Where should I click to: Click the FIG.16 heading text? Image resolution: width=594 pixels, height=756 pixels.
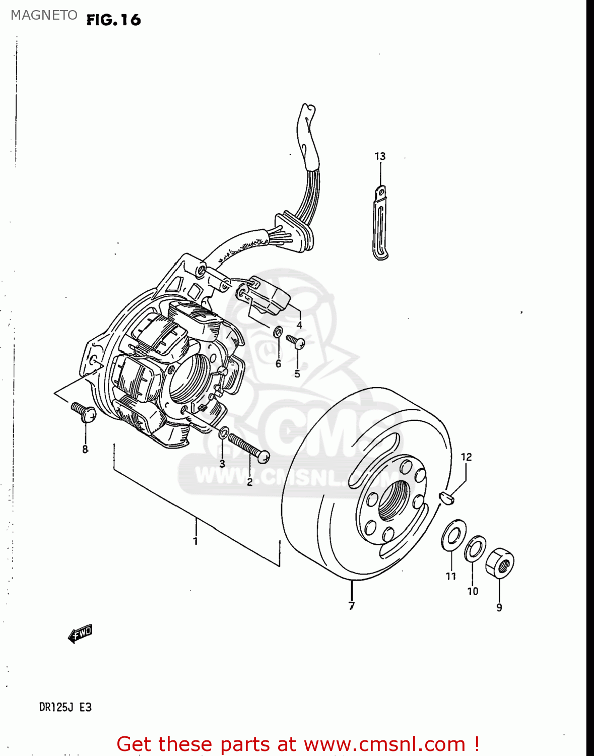tap(113, 20)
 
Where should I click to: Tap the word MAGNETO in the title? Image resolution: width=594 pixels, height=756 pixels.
tap(44, 15)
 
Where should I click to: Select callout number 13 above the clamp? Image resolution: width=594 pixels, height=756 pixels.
tap(380, 156)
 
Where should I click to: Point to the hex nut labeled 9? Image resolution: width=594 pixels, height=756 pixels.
tap(500, 562)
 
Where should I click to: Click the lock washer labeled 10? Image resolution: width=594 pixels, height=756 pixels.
tap(475, 548)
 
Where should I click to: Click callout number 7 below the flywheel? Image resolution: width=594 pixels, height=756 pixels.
tap(351, 606)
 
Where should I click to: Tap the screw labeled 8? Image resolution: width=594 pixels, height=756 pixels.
tap(84, 412)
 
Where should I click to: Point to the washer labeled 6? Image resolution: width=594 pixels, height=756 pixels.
tap(278, 332)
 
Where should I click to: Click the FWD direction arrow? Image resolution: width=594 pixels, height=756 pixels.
tap(81, 633)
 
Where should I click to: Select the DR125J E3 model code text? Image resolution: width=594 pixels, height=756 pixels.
tap(65, 707)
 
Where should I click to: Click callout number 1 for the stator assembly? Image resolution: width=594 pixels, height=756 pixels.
tap(195, 541)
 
